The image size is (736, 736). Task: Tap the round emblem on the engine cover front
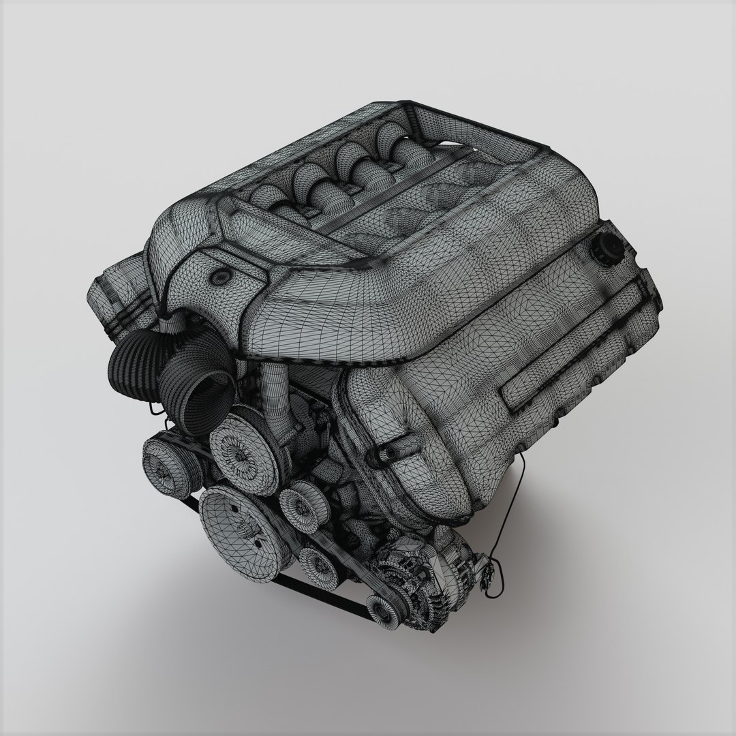(x=221, y=277)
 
